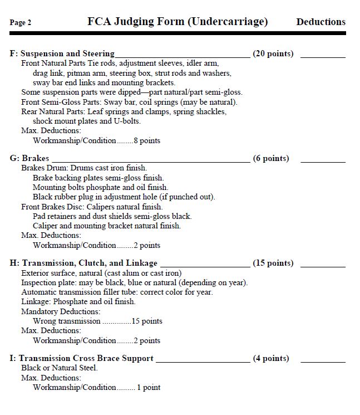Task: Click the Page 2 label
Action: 21,23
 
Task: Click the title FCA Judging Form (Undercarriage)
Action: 177,22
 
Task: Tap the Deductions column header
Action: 320,22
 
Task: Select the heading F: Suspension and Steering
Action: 62,54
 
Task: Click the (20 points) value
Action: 273,54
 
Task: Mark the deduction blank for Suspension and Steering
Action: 323,56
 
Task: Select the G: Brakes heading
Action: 29,158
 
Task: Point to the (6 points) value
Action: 271,158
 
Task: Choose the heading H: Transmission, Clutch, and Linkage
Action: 83,263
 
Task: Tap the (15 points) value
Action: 273,263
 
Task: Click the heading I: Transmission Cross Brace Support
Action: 82,358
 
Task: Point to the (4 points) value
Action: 271,358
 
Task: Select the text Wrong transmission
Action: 67,321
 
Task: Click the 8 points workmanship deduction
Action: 147,141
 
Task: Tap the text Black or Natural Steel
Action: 60,368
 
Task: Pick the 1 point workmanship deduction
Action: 149,388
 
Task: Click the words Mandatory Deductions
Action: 61,311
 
